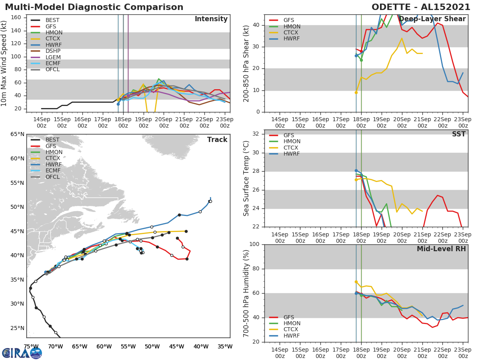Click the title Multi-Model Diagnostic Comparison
tap(94, 7)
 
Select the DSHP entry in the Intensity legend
tap(53, 51)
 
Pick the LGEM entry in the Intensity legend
tap(53, 57)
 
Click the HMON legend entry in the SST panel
tap(292, 142)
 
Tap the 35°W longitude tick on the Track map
tap(225, 346)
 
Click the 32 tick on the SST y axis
tap(256, 134)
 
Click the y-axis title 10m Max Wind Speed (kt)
tap(4, 63)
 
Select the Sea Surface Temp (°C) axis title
tap(246, 178)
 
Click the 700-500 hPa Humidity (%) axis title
tap(246, 293)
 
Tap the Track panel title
tap(217, 140)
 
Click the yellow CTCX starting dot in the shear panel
tap(356, 92)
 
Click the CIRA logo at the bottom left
tap(22, 353)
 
